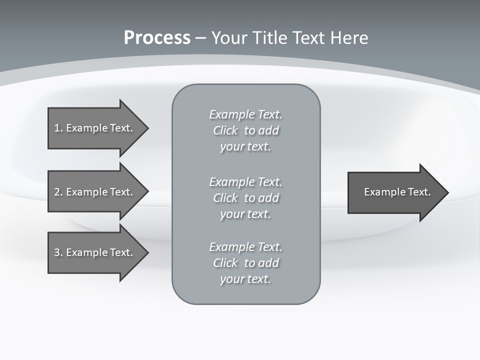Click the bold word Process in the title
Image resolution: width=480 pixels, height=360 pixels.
pos(157,38)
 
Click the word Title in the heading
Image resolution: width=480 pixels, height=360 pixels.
pos(268,38)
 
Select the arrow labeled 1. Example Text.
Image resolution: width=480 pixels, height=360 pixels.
pos(95,128)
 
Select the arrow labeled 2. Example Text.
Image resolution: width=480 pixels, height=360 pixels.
pos(95,192)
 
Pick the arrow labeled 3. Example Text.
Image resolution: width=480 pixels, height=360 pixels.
pos(95,252)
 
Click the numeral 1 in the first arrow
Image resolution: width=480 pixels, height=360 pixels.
pos(57,128)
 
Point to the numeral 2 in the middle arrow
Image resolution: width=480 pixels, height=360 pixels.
pos(57,192)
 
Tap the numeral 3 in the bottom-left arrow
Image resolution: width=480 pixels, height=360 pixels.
pos(57,252)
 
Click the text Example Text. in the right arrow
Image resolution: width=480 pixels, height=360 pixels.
pos(397,192)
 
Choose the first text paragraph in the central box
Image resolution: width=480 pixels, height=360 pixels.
pos(245,130)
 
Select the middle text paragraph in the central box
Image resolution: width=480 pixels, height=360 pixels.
pos(245,198)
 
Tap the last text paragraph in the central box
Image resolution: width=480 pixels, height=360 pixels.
pos(245,263)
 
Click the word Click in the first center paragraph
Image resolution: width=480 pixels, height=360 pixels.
pos(225,130)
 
